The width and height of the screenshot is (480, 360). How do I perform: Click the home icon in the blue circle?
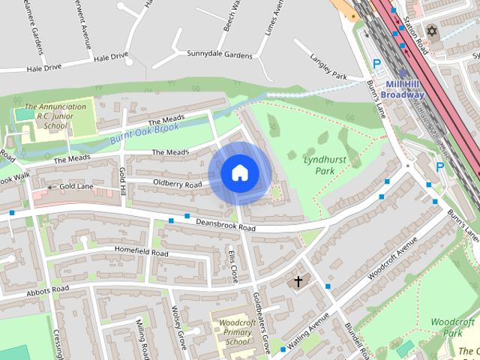(239, 172)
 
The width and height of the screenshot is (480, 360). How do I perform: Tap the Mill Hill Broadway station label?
(402, 90)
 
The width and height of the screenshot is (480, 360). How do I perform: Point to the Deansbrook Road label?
(226, 224)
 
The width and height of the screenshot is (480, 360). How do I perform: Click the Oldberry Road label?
(178, 183)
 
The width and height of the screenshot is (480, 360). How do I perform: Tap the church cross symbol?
(298, 282)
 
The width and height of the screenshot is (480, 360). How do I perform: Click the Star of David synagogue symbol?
(431, 31)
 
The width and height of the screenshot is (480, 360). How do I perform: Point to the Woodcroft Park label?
(453, 327)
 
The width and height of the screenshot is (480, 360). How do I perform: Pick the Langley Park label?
(328, 66)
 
